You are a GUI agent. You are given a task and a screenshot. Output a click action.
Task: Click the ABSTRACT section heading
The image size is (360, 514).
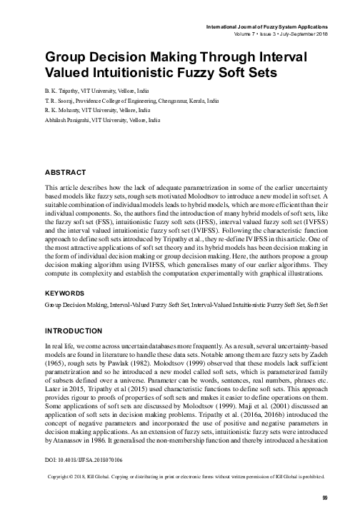66,173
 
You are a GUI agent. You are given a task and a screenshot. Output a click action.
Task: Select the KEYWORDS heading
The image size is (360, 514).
66,313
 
